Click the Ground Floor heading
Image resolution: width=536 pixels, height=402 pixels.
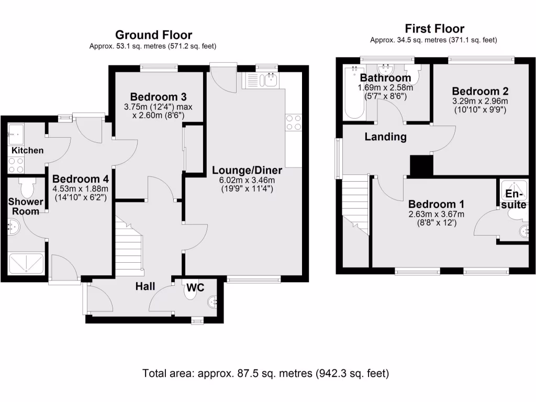(153, 35)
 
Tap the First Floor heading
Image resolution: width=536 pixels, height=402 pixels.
(434, 28)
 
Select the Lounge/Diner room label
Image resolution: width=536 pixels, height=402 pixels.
(247, 170)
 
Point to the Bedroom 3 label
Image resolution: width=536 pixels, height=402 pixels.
(158, 97)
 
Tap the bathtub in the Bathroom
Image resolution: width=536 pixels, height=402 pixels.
(354, 93)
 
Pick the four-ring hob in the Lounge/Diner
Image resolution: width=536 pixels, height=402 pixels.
(294, 122)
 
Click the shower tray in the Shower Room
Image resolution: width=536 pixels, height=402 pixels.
(26, 263)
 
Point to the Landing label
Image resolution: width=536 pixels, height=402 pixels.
(386, 137)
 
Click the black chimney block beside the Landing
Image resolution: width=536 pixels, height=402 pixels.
(421, 165)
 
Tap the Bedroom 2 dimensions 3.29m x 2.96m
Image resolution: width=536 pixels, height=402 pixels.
(480, 101)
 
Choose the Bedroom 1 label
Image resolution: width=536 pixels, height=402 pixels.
(437, 204)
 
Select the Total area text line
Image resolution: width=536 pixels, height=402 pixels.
(265, 373)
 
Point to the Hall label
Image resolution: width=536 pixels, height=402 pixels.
(146, 286)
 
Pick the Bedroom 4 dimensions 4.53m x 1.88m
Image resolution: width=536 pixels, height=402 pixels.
(80, 188)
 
